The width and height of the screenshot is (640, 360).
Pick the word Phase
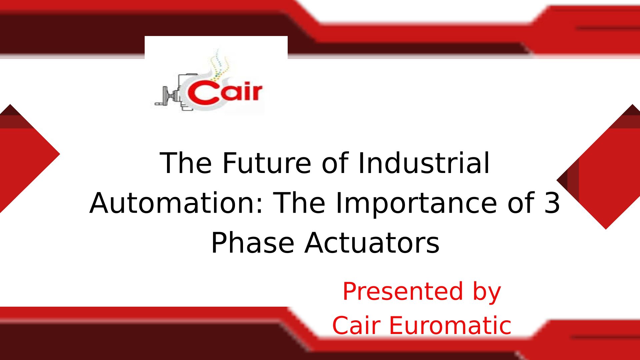(x=253, y=242)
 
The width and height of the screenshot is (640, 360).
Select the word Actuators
(x=372, y=243)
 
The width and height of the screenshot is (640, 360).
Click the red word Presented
(x=403, y=291)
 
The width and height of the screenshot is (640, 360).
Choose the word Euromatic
(x=450, y=325)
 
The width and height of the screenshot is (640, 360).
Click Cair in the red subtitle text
(x=356, y=325)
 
